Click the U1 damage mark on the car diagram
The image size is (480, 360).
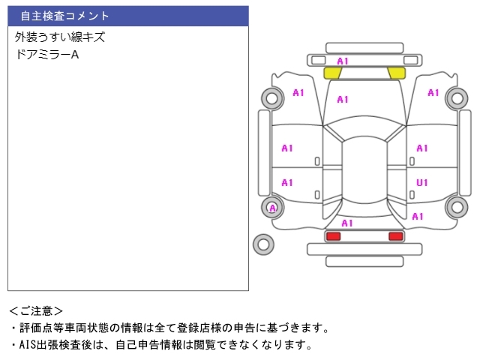[422, 182]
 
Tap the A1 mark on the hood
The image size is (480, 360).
[343, 99]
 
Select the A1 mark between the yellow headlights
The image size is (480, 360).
[343, 61]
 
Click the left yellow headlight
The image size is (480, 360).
[332, 73]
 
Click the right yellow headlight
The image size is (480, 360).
[395, 73]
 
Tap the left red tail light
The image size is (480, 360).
[333, 236]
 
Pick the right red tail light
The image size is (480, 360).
[395, 236]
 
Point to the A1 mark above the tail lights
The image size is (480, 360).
[347, 223]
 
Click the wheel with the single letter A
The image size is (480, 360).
[272, 208]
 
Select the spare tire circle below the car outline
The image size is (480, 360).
[263, 244]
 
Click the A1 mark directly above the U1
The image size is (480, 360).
[422, 148]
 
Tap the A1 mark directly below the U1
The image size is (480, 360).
[418, 216]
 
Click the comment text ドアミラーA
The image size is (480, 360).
[46, 55]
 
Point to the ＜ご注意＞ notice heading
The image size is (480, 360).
[36, 310]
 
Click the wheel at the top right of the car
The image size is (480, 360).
[456, 97]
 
